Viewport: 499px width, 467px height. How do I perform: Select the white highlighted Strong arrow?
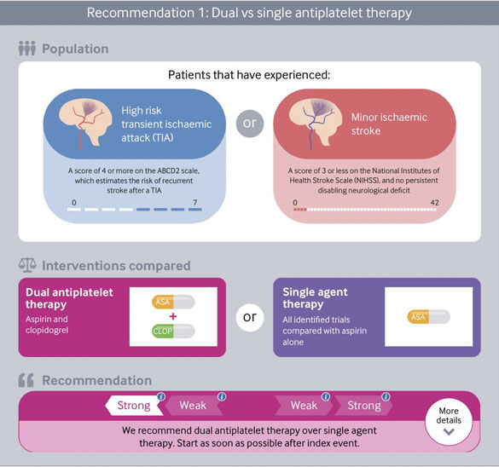click(134, 406)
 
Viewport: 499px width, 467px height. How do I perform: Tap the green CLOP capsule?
click(173, 331)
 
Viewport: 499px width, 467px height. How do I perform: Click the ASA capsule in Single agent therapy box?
click(429, 317)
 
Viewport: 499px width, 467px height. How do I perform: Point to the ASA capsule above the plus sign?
click(173, 302)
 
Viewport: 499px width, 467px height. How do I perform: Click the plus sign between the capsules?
click(173, 316)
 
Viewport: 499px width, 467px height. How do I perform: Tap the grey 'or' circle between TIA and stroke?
click(250, 124)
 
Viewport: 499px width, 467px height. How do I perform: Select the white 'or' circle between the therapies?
click(250, 317)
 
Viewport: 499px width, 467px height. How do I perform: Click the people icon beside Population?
click(27, 49)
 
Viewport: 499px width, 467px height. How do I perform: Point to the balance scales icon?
click(27, 265)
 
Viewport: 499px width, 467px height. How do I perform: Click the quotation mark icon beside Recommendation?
click(26, 380)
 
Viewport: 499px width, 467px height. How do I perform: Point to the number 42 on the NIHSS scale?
click(434, 203)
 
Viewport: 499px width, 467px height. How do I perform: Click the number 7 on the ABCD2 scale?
click(195, 203)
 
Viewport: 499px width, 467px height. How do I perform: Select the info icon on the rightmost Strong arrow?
click(386, 397)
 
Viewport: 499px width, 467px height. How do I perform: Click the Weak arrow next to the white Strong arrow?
click(194, 406)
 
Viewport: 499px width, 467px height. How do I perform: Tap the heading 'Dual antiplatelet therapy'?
click(69, 298)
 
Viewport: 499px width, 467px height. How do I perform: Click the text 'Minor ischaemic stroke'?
click(389, 124)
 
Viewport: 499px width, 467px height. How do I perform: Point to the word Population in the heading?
click(75, 49)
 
